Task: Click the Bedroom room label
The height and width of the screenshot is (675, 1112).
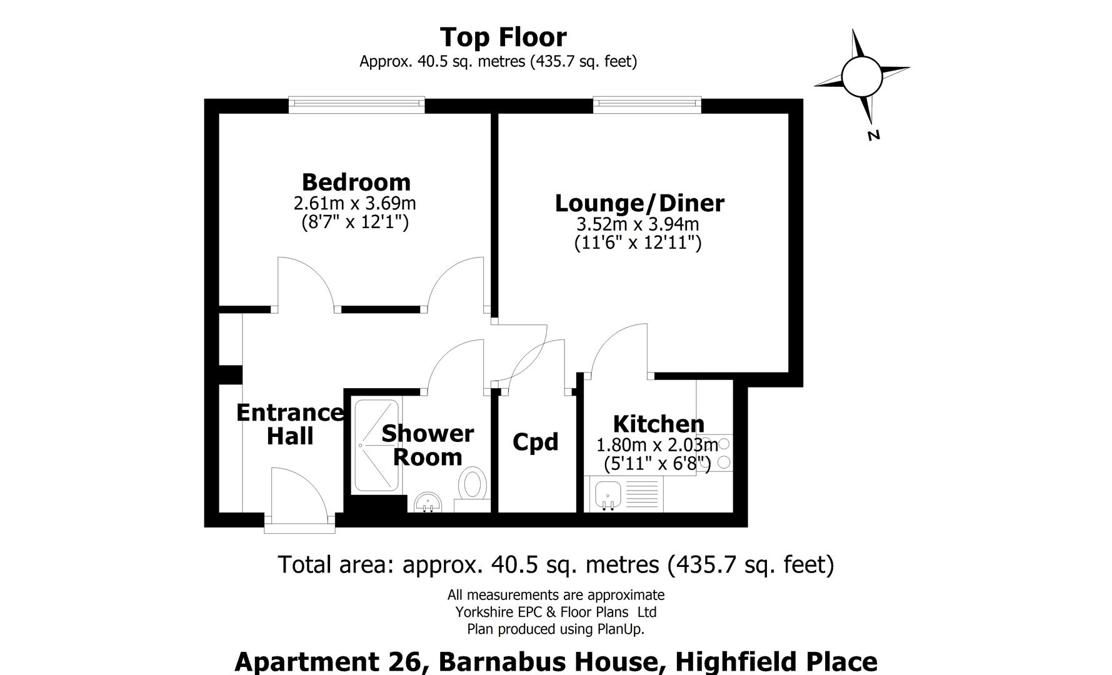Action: point(356,182)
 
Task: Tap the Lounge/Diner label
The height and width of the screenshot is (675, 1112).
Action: point(639,203)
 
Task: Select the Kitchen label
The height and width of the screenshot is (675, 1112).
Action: point(658,424)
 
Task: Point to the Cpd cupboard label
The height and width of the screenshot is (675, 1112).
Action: point(535,442)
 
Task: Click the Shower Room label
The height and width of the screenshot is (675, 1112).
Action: point(428,445)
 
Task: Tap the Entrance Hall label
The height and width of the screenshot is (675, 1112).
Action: point(290,424)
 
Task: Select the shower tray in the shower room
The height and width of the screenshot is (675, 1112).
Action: point(376,444)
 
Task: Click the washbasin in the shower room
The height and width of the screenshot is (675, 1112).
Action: point(428,502)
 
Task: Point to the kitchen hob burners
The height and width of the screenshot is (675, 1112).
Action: point(723,453)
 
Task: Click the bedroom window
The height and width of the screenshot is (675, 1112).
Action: point(356,105)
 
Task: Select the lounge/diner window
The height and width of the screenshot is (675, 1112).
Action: point(647,105)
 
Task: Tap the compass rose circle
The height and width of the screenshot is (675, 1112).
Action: point(861,76)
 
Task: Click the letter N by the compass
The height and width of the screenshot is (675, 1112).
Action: point(874,135)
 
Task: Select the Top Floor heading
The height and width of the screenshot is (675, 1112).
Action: point(503,37)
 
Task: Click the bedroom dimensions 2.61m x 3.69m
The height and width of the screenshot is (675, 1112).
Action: point(354,204)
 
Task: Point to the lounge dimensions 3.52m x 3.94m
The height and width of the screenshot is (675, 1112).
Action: point(638,224)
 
